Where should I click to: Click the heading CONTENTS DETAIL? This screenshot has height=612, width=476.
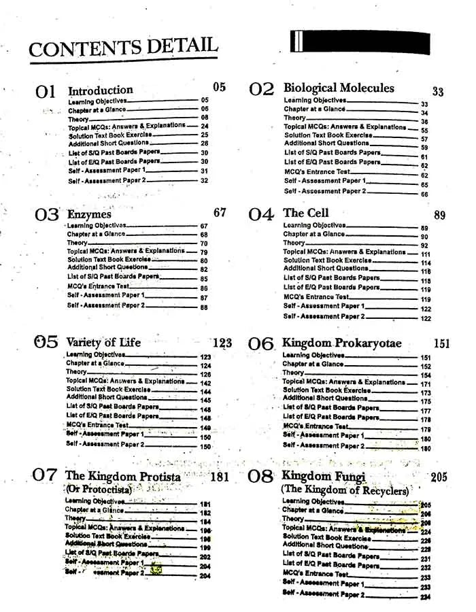[123, 48]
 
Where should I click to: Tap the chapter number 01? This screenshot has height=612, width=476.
[46, 92]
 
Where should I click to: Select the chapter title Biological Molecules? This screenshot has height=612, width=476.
[339, 88]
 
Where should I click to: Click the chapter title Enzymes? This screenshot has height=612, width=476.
[89, 214]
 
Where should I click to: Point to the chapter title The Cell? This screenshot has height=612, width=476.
[306, 213]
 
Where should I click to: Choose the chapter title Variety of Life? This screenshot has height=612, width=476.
[103, 342]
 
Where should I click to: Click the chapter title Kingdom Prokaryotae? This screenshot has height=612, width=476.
[342, 343]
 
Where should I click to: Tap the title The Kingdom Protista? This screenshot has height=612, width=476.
[123, 476]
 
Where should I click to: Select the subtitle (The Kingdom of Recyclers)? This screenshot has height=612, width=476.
[345, 490]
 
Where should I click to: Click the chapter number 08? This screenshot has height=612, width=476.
[260, 477]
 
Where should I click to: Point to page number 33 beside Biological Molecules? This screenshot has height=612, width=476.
[438, 92]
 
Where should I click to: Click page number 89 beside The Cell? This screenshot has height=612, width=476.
[439, 216]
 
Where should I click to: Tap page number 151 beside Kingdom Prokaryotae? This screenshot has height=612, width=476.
[441, 344]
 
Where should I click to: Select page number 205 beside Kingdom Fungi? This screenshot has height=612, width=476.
[439, 477]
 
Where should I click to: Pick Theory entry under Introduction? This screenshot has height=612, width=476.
[78, 118]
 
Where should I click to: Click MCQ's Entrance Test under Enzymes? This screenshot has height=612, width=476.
[98, 286]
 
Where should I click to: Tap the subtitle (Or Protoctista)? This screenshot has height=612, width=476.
[99, 490]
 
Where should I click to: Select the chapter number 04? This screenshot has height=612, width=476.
[260, 215]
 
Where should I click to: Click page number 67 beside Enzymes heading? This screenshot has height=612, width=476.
[220, 213]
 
